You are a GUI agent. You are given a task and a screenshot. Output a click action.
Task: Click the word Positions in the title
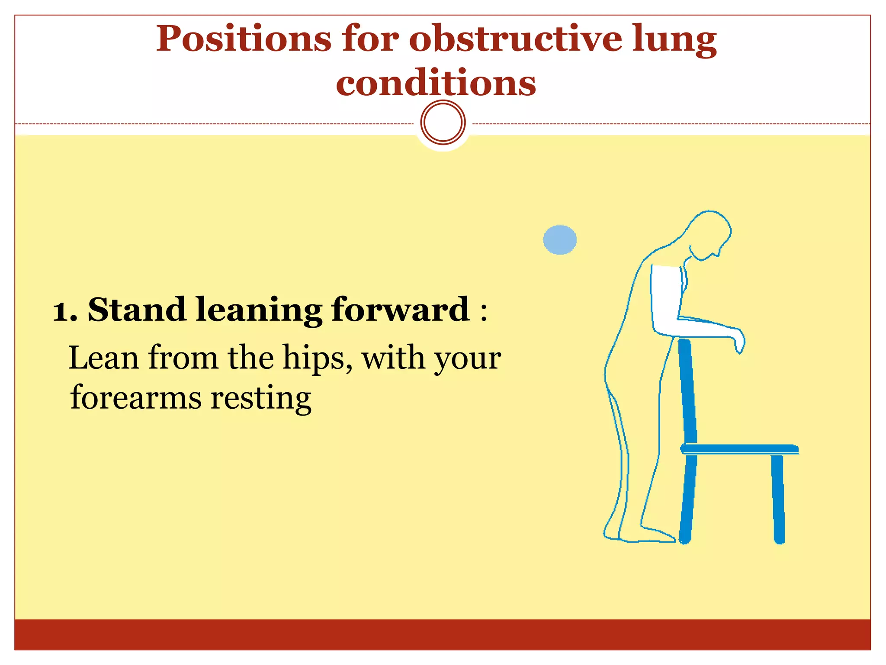tap(244, 40)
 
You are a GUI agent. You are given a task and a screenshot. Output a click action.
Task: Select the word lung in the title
tap(674, 40)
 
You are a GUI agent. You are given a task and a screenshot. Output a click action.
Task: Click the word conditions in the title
tap(436, 83)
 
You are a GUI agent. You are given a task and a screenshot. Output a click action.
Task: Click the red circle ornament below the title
tap(443, 122)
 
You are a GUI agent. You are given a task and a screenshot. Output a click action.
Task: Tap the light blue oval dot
tap(560, 239)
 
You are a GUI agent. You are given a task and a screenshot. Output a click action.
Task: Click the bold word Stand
tap(137, 310)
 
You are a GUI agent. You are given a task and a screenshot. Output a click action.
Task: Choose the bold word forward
tap(401, 310)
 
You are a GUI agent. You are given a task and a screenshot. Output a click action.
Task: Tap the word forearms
tap(135, 397)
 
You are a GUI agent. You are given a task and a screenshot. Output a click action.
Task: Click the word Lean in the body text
tap(103, 358)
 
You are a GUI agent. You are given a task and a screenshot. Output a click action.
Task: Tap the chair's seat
tap(739, 449)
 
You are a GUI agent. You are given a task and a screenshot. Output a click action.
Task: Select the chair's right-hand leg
tap(778, 498)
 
